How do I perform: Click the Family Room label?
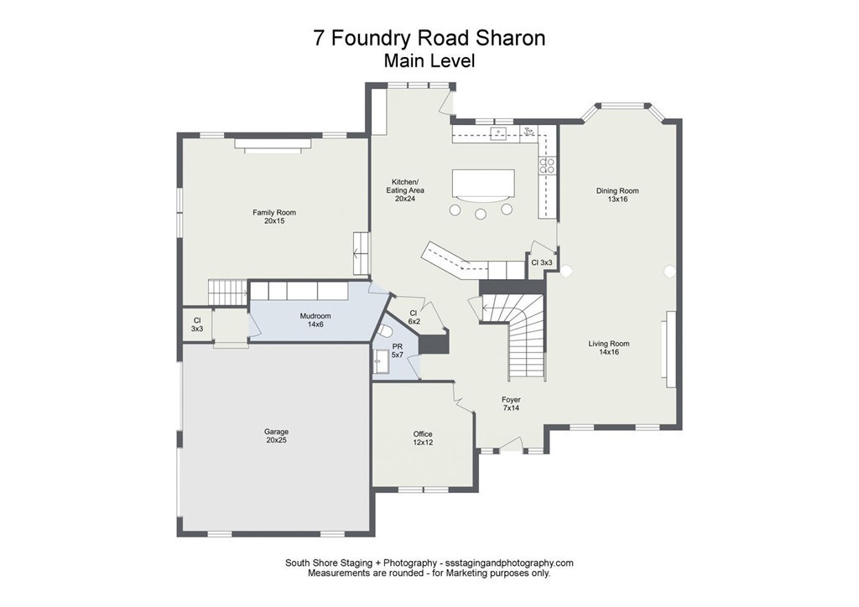(274, 216)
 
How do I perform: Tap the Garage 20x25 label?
(276, 436)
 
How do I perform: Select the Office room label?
(423, 438)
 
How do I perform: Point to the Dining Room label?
(612, 195)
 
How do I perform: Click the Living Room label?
(608, 348)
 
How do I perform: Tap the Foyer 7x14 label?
(512, 404)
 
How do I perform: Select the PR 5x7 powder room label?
(398, 350)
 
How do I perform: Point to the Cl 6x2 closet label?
(414, 317)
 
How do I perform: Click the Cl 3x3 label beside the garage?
(197, 324)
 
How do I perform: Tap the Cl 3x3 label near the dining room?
(541, 262)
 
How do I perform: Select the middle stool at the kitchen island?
(481, 214)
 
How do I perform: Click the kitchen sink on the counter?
(498, 132)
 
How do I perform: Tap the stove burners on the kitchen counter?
(547, 165)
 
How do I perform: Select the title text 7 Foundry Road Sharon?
(429, 39)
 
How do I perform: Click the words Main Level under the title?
(429, 60)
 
